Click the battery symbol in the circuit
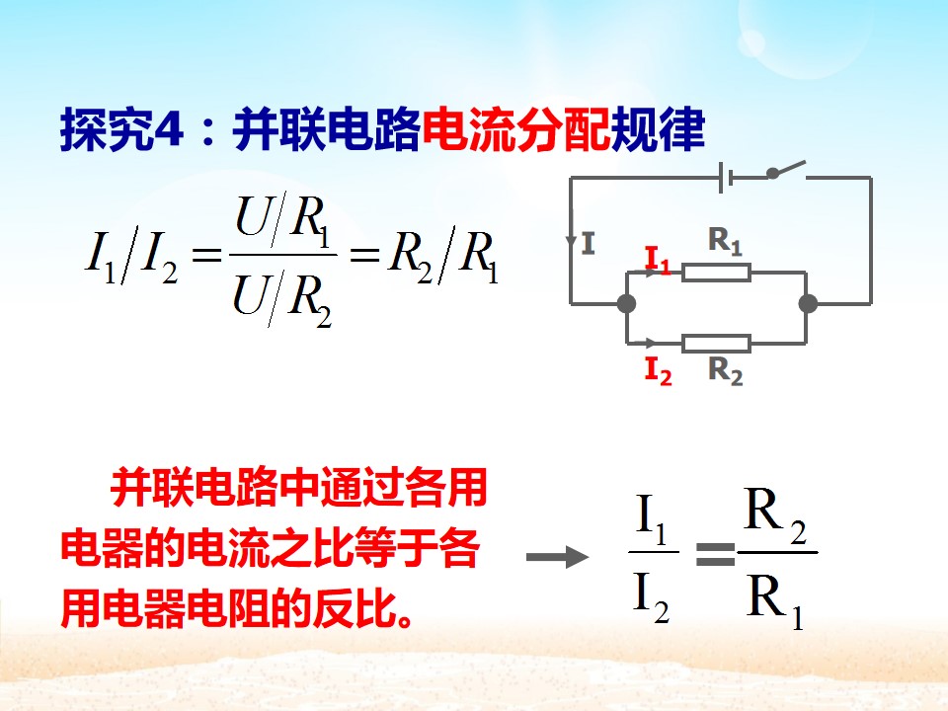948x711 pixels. click(x=726, y=178)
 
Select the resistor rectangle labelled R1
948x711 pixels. click(x=717, y=273)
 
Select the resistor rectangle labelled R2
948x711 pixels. click(x=717, y=344)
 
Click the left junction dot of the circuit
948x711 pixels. click(x=626, y=303)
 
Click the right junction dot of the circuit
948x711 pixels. click(x=808, y=303)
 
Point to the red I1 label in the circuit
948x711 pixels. click(x=658, y=260)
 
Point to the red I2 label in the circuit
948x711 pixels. click(x=659, y=370)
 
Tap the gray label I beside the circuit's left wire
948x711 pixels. click(x=589, y=244)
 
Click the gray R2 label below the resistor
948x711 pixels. click(x=725, y=370)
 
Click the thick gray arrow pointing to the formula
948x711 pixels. click(x=557, y=557)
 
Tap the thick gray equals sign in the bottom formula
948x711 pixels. click(x=715, y=554)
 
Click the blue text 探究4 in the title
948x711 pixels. click(x=121, y=128)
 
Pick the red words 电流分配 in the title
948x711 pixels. click(x=515, y=128)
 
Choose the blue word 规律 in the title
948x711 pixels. click(x=658, y=128)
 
